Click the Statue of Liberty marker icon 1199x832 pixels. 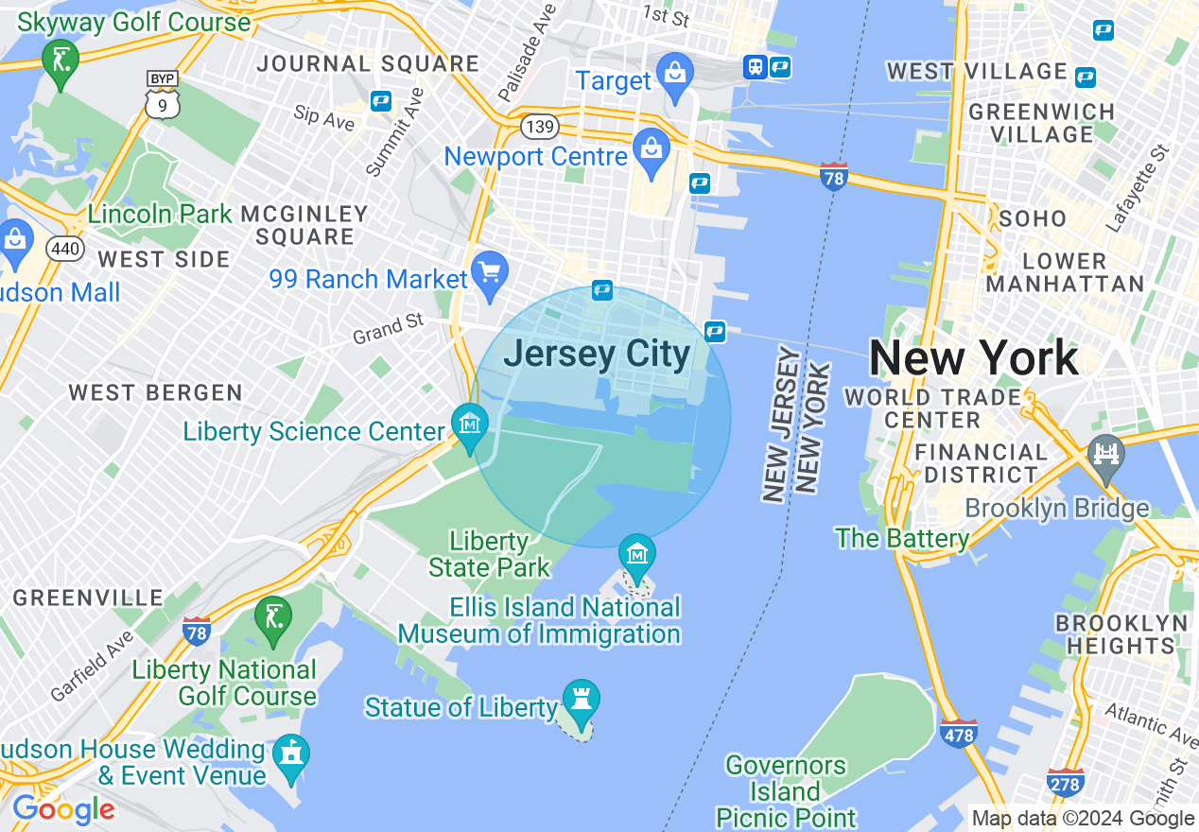click(x=581, y=700)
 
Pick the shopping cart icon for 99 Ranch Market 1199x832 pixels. click(x=490, y=273)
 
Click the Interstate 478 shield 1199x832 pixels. click(x=959, y=733)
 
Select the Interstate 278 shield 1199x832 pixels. click(x=1066, y=782)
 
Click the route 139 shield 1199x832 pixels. click(x=539, y=126)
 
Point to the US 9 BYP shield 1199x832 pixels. click(x=163, y=95)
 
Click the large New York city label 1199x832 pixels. click(x=973, y=358)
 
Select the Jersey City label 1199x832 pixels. click(x=597, y=355)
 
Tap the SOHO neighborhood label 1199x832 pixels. click(x=1033, y=218)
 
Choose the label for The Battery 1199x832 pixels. click(x=902, y=538)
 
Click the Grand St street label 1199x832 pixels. click(x=389, y=328)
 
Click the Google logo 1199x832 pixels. click(x=63, y=809)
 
